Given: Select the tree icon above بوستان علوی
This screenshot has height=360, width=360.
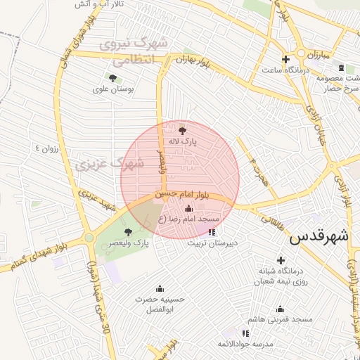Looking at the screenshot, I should [x=112, y=77].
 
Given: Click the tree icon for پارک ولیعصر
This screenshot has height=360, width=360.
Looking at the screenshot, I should [x=128, y=231].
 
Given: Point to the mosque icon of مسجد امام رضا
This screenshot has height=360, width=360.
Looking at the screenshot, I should [x=188, y=208].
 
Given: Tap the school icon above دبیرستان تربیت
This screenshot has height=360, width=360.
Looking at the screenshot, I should [x=212, y=231].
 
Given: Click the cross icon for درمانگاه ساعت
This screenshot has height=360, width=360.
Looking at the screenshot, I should [x=285, y=59].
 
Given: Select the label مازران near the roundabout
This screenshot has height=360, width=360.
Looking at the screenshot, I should [x=317, y=54].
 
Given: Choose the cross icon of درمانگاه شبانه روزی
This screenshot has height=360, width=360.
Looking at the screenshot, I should [x=281, y=260].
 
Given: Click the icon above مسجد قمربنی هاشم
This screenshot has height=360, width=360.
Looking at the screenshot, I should [x=280, y=309].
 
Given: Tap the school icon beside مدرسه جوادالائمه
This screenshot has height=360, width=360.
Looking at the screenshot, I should [x=245, y=333].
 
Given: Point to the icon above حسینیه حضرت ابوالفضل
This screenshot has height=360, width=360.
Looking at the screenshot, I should [x=159, y=288].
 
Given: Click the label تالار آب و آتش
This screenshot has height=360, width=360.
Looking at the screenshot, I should [x=99, y=4].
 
